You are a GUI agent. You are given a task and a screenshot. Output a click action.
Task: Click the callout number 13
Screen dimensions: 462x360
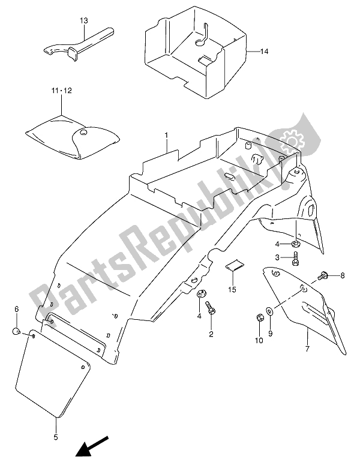click(83, 20)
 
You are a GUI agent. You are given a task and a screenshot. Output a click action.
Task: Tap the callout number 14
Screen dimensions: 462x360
click(264, 52)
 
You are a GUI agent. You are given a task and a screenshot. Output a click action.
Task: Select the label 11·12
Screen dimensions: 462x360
click(61, 91)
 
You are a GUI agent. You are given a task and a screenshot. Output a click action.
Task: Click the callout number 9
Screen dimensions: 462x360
click(270, 334)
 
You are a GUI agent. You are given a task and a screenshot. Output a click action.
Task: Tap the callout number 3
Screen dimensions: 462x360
click(278, 257)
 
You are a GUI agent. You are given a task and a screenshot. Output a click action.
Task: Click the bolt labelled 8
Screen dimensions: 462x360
click(325, 277)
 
